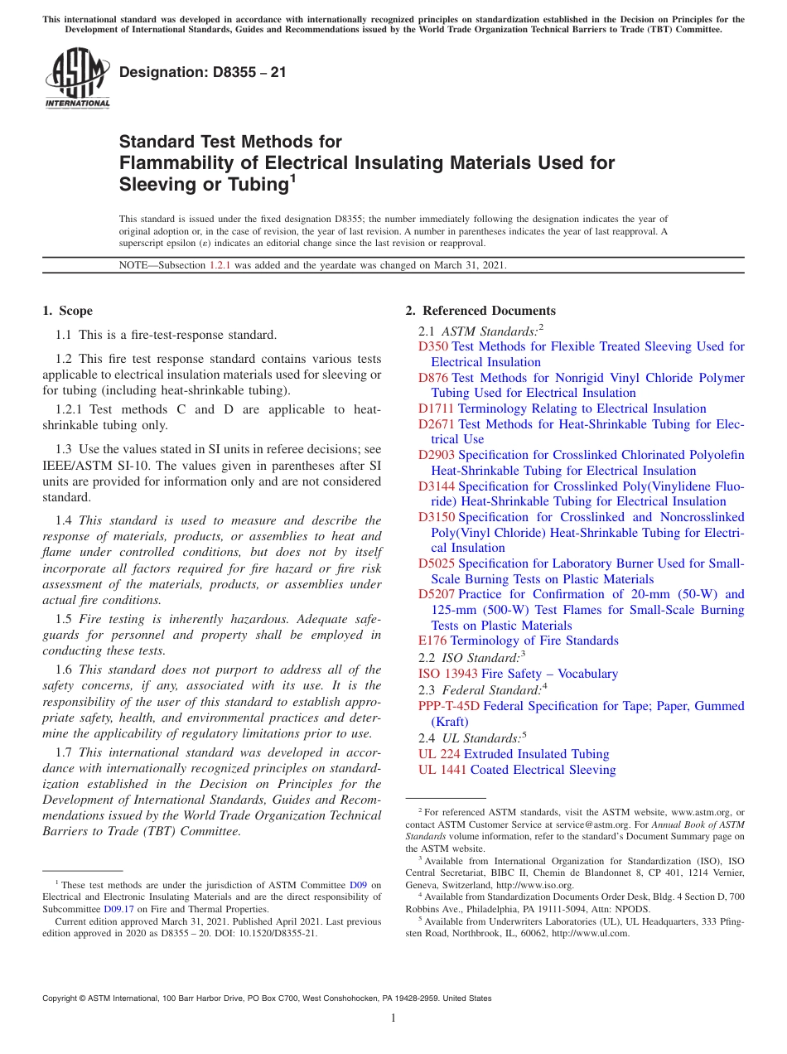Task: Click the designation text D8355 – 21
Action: tap(203, 72)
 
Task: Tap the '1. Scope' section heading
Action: tap(67, 311)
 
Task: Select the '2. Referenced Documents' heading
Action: tap(480, 311)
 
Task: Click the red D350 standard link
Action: tap(433, 346)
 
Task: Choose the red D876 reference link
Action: tap(433, 378)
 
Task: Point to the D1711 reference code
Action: tap(437, 409)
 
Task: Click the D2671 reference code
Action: tap(437, 424)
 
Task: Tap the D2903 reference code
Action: tap(437, 455)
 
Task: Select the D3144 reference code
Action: tap(437, 486)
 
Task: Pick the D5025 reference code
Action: tap(437, 563)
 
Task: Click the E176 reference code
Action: tap(432, 641)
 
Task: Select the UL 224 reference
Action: tap(439, 754)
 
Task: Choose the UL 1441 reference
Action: tap(442, 770)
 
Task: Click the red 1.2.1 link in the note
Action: tap(220, 265)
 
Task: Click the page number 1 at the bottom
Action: tap(393, 1018)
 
